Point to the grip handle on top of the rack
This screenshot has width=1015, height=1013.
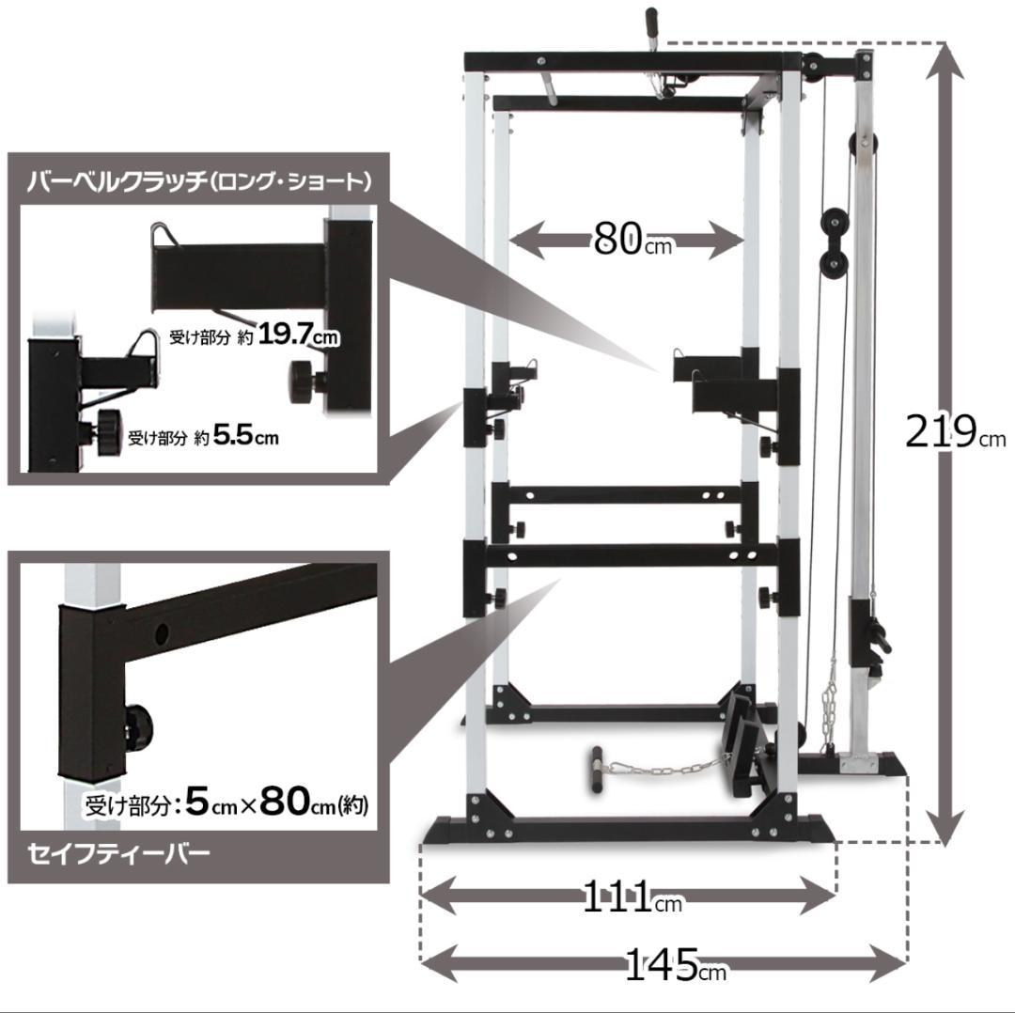pos(650,23)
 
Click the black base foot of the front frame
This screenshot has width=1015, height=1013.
pos(630,833)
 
